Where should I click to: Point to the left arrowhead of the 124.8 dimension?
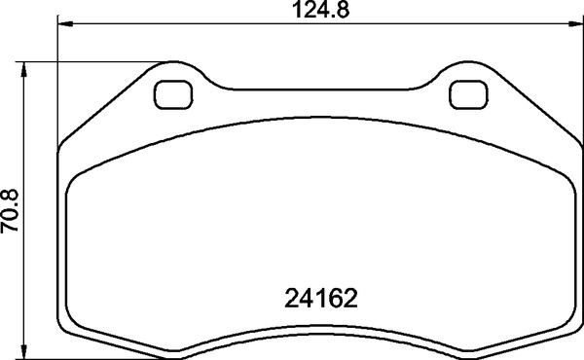click(x=64, y=25)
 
